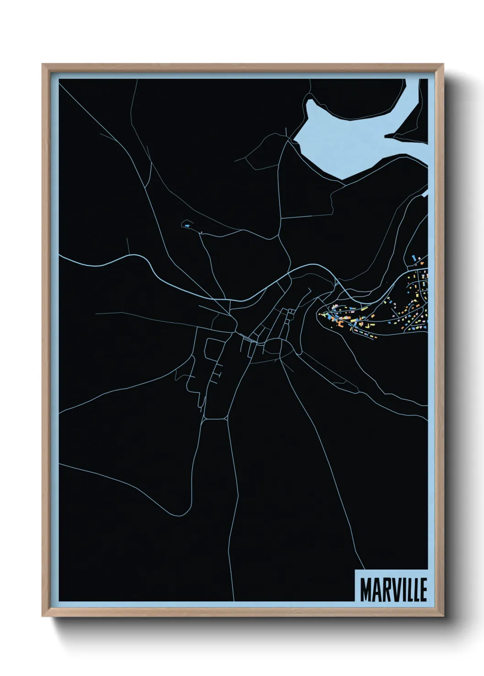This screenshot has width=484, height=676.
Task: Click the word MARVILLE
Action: tap(393, 590)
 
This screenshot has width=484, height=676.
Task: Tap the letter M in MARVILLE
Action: tap(366, 590)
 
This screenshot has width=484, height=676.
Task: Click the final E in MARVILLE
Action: tap(423, 590)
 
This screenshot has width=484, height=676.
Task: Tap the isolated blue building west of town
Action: tap(186, 225)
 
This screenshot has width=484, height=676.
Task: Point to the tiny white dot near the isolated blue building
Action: tap(201, 232)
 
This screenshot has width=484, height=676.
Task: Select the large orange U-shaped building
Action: tap(341, 323)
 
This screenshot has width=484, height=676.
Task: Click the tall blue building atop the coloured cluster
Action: tap(415, 259)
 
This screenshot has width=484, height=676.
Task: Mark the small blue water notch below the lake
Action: tap(425, 194)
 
